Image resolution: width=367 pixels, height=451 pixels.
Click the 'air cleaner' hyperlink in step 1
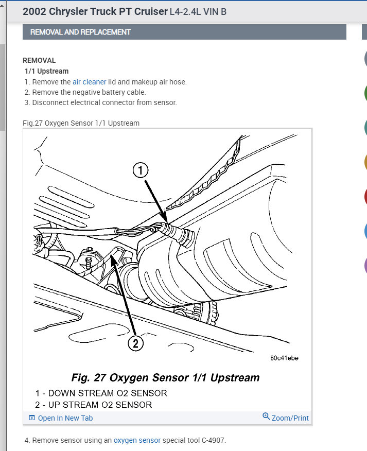[x=89, y=82]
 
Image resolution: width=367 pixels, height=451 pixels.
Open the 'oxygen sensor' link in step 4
[x=137, y=440]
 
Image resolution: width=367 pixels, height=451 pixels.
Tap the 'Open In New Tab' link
[x=65, y=418]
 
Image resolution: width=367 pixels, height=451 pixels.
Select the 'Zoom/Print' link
[x=290, y=418]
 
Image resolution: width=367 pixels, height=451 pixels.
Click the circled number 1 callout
[x=141, y=170]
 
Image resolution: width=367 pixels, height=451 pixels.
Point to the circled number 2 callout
[x=135, y=343]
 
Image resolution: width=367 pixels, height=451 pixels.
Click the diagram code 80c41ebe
[x=284, y=358]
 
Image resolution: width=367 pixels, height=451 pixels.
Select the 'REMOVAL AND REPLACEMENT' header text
[x=80, y=32]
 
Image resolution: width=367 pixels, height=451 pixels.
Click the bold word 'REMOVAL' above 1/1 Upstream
[x=39, y=60]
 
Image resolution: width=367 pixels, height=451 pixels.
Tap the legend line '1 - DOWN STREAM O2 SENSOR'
[x=101, y=393]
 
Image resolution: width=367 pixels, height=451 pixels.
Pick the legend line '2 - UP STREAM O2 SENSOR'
[x=93, y=405]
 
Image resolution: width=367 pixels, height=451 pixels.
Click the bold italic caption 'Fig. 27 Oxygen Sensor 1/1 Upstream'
[x=165, y=378]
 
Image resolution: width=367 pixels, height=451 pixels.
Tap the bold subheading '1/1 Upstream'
[x=46, y=71]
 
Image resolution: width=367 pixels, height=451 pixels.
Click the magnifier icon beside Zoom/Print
[x=266, y=417]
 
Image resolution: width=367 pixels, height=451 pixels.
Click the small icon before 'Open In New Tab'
[x=32, y=418]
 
